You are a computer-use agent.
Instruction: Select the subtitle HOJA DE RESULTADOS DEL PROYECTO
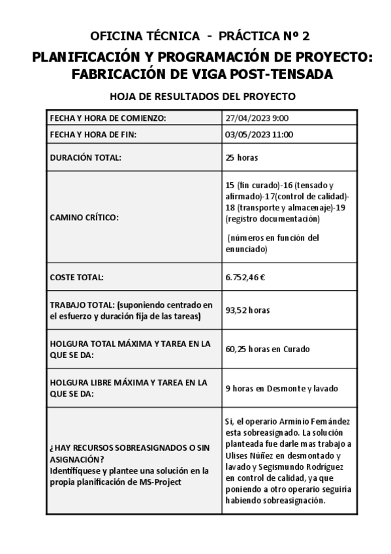pos(202,97)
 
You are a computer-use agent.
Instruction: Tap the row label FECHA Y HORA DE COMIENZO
pos(108,118)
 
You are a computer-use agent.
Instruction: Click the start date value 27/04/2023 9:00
pos(257,118)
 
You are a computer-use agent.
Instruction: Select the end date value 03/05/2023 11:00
pos(259,135)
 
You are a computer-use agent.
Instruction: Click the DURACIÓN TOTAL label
pos(86,157)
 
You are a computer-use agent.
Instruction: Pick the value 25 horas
pos(242,157)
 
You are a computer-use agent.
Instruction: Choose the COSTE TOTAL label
pos(77,277)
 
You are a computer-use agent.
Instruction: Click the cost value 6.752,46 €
pos(245,277)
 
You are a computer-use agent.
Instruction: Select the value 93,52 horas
pos(247,310)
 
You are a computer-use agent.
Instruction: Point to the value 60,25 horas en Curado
pos(267,349)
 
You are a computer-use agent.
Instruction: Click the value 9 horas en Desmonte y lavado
pos(281,388)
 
